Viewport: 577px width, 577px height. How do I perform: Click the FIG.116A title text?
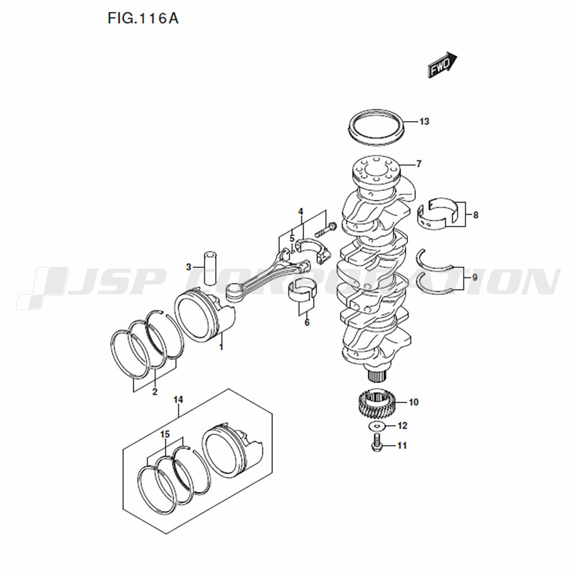click(143, 18)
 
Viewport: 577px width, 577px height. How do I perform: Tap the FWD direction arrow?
click(442, 65)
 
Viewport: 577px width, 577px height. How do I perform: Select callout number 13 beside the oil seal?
click(424, 121)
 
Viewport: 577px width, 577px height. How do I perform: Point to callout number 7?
click(418, 164)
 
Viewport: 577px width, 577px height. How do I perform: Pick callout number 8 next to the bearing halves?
click(475, 215)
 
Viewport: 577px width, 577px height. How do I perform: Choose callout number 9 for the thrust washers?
click(475, 278)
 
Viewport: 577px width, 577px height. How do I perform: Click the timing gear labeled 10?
click(377, 403)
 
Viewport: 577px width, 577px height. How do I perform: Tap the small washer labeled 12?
click(377, 426)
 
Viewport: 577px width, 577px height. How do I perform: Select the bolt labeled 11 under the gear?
click(376, 443)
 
